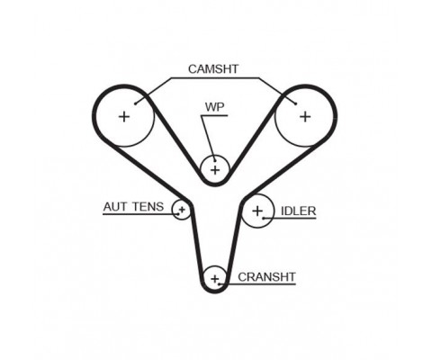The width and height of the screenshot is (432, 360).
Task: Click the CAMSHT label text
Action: pos(213,69)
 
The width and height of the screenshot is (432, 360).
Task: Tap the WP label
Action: pos(214,107)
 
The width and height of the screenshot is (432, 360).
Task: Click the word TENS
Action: pos(148,207)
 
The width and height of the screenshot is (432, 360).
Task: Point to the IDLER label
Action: pos(298,211)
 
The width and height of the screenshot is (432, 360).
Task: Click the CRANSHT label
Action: pos(266,277)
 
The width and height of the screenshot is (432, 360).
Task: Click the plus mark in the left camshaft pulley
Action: pos(124,116)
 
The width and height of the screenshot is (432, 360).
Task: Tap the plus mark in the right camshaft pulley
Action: pos(305,116)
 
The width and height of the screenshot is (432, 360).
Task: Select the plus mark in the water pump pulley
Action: pos(215,170)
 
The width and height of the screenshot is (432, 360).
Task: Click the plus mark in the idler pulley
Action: pos(257,211)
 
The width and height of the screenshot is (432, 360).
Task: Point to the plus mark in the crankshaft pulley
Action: pos(215,279)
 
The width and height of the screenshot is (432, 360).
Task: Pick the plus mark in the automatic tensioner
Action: pos(182,209)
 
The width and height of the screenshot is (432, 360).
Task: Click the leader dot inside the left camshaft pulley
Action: pos(136,103)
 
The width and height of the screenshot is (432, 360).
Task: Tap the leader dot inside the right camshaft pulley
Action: pos(296,103)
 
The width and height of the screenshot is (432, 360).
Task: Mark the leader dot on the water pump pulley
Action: pos(215,160)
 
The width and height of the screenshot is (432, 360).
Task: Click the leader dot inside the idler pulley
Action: pos(264,218)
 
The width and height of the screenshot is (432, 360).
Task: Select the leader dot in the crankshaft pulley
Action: pos(220,283)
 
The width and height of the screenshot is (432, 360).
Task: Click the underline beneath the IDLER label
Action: pos(290,218)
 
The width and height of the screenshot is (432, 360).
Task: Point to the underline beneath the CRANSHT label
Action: pos(257,283)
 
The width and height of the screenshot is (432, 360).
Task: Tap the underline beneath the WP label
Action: pos(215,116)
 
